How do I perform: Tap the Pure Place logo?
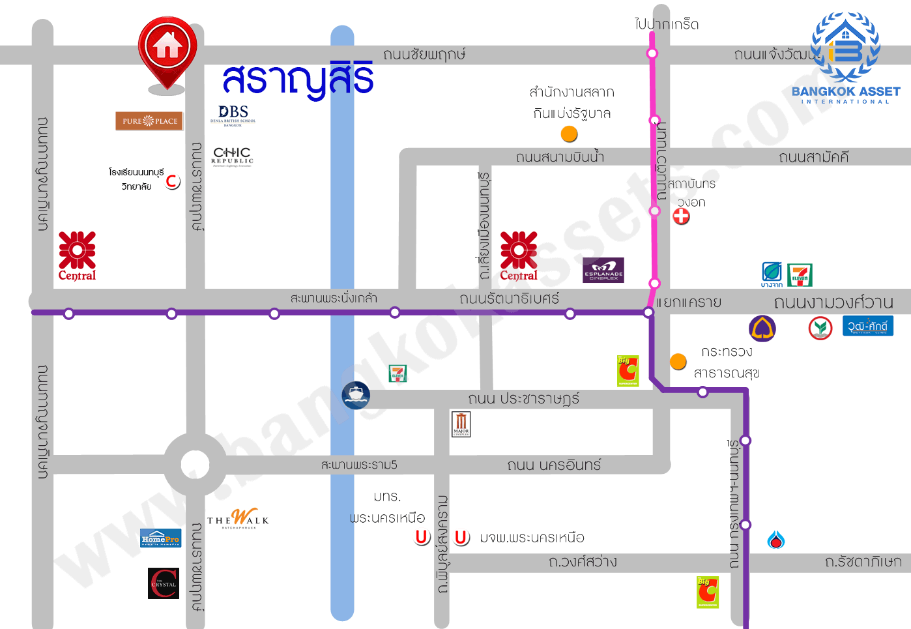[149, 121]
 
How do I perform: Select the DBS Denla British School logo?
[233, 115]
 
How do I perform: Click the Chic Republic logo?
[232, 156]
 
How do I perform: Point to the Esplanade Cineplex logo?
[603, 270]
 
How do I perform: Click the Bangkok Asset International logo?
[845, 59]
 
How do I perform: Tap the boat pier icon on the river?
[356, 395]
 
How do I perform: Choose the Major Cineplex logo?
[461, 424]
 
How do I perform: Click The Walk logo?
[238, 519]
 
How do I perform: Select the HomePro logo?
[161, 538]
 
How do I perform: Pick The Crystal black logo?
[164, 583]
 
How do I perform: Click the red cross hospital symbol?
[681, 216]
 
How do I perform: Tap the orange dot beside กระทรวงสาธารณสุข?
[678, 361]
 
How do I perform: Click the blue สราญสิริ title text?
[298, 80]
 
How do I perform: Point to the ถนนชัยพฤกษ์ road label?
[424, 54]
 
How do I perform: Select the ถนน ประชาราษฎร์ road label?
[523, 398]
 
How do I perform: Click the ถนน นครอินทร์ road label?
[554, 465]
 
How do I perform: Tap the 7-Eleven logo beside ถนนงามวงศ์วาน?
[800, 275]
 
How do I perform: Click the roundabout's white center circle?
[195, 465]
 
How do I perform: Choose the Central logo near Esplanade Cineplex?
[519, 256]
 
